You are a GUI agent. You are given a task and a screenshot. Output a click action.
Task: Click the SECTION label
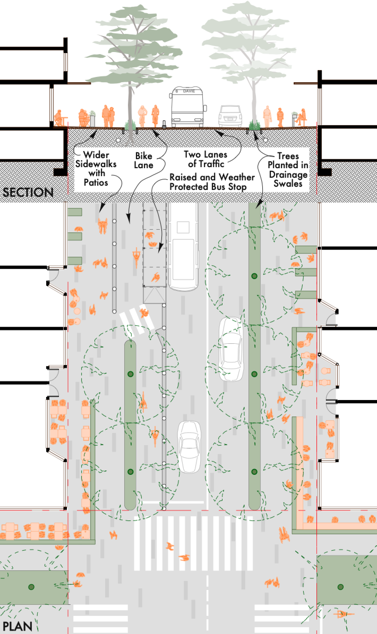[x=28, y=192]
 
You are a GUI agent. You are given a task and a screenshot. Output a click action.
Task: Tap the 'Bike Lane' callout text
[x=144, y=160]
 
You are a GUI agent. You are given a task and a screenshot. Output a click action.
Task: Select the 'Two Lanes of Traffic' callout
[x=206, y=159]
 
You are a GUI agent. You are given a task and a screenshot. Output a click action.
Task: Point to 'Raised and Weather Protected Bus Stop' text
[x=212, y=182]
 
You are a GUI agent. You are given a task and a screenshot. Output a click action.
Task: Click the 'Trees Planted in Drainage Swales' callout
[x=288, y=170]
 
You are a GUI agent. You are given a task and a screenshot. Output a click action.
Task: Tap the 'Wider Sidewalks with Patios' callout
[x=96, y=168]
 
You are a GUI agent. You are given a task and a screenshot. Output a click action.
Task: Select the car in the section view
[x=230, y=116]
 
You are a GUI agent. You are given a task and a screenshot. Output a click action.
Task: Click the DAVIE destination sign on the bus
[x=189, y=91]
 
